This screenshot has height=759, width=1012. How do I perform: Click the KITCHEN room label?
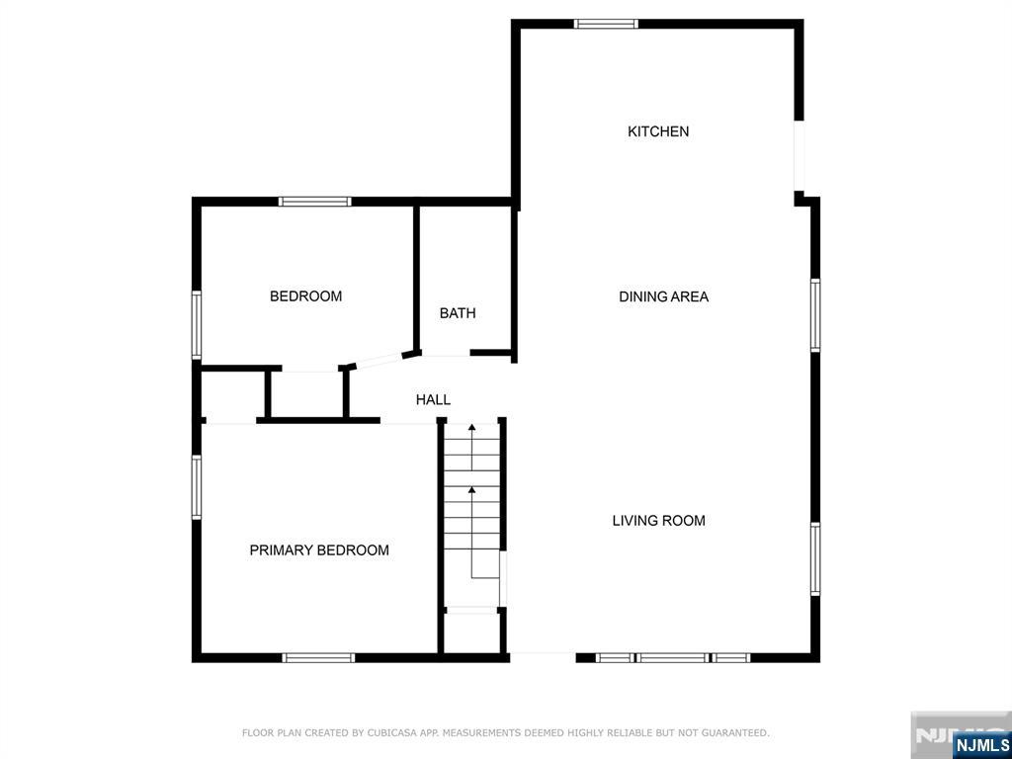(658, 131)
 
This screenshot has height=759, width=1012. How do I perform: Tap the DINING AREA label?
(663, 296)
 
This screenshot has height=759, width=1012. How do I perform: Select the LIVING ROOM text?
(658, 520)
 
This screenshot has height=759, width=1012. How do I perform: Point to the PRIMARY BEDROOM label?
(319, 549)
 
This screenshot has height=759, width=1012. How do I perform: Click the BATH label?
(458, 313)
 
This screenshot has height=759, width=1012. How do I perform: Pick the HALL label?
(433, 400)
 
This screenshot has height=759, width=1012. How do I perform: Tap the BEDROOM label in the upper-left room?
(305, 296)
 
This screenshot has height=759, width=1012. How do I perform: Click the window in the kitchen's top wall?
(606, 24)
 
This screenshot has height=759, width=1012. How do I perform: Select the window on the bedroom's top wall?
(315, 202)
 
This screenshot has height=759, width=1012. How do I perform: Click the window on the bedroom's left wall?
(197, 324)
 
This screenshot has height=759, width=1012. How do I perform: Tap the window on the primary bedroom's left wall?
(197, 487)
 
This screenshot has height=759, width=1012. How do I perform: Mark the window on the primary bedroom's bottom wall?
(319, 657)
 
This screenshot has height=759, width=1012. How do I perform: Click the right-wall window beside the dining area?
(815, 315)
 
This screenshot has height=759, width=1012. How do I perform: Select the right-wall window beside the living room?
(815, 559)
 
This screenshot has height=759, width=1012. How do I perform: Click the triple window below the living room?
(672, 657)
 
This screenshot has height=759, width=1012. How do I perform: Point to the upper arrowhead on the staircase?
(471, 427)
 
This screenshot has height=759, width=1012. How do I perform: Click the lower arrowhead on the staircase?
(471, 490)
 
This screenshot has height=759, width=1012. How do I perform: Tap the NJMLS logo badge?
(979, 744)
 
